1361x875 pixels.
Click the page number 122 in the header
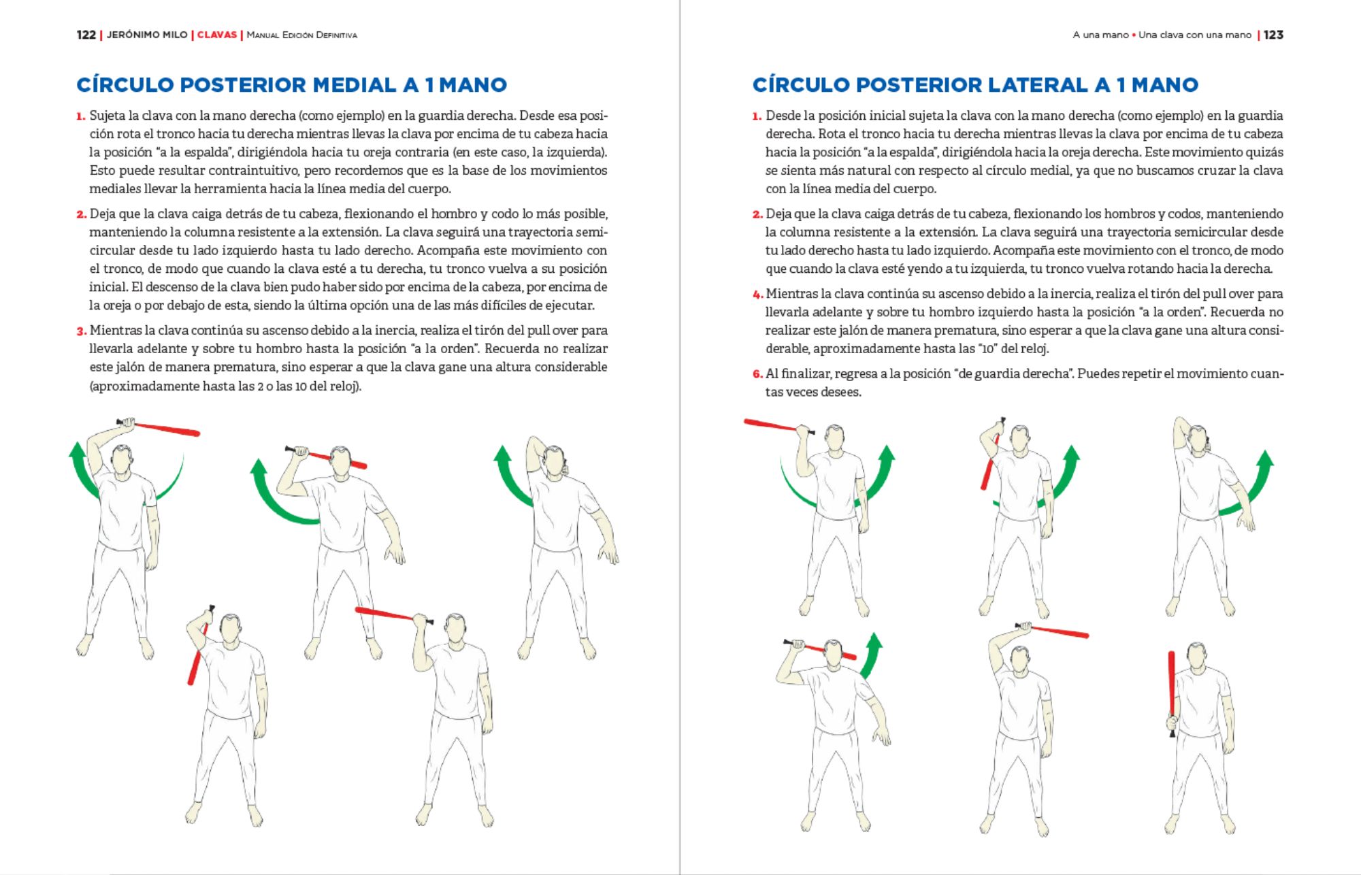point(86,35)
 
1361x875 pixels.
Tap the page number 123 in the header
point(1273,35)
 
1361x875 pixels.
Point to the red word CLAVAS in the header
point(217,35)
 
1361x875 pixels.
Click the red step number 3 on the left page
point(81,331)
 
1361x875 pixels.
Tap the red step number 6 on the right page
point(757,374)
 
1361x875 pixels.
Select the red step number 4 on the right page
point(757,295)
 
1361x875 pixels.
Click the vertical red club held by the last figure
point(1171,687)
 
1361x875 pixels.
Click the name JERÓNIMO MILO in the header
point(147,35)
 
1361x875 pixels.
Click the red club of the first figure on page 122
point(167,429)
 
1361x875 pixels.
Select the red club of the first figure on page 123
point(772,425)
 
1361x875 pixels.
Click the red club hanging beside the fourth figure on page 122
point(196,660)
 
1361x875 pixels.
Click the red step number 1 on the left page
point(81,116)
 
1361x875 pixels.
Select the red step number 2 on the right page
point(757,215)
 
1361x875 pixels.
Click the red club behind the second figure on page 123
point(989,463)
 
